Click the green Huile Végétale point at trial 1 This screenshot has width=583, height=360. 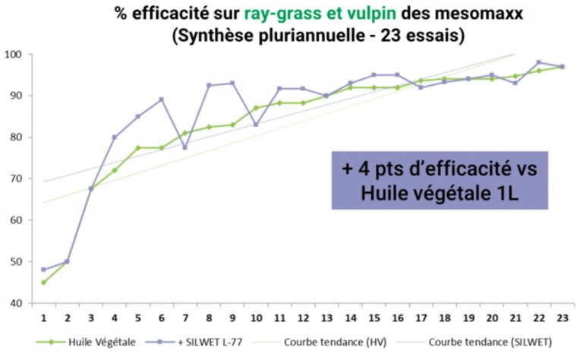click(43, 282)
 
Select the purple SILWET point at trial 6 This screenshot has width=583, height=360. click(162, 99)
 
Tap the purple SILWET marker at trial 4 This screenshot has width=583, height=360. click(115, 137)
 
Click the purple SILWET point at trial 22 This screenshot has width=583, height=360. click(538, 62)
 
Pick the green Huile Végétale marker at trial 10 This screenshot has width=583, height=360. click(256, 108)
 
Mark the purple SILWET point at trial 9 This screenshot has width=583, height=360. click(232, 83)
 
